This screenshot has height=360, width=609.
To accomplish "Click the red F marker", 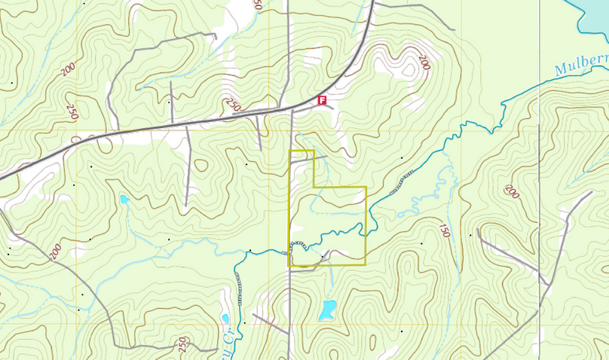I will (322, 100).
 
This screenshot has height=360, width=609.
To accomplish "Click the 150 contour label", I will (445, 230).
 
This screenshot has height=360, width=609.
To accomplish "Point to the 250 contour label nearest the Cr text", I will (182, 344).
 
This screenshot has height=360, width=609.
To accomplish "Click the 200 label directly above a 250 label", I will (69, 69).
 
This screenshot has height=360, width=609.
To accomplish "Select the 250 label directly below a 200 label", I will (72, 111).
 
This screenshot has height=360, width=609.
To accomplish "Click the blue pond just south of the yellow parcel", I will (328, 309).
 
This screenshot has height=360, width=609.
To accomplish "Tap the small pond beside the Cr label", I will (225, 318).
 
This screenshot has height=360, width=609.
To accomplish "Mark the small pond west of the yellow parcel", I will (124, 200).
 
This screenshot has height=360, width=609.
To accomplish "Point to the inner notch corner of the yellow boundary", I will (314, 187).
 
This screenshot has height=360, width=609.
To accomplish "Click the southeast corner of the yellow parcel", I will (366, 265).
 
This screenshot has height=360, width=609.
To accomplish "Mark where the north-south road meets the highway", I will (292, 109).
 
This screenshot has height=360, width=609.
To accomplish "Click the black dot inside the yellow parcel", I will (322, 257).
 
